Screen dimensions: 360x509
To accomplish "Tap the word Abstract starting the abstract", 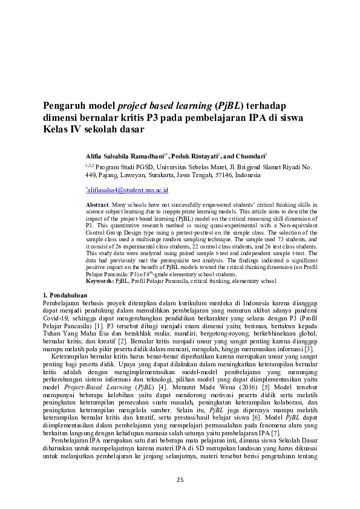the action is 96,206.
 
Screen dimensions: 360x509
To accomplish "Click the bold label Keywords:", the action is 100,281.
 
